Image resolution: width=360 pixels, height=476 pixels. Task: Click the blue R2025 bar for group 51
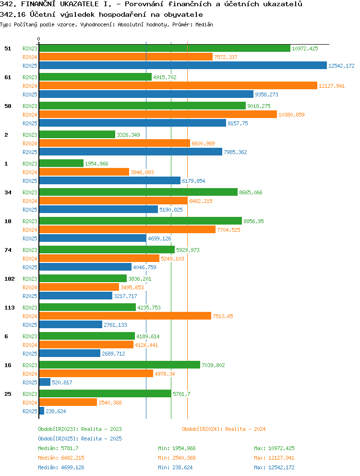click(x=183, y=66)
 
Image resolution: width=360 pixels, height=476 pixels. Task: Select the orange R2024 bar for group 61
click(x=178, y=85)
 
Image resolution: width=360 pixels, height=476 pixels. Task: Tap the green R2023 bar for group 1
click(x=61, y=163)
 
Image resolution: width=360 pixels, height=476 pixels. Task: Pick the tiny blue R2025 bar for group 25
click(x=42, y=411)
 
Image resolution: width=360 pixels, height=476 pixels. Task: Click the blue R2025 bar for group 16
click(x=45, y=382)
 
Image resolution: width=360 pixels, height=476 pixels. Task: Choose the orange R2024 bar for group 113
click(x=125, y=316)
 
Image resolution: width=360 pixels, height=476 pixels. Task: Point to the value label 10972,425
click(x=305, y=48)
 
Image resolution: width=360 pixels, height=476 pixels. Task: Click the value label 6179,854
click(x=193, y=181)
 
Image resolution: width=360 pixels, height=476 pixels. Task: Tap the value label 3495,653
click(x=132, y=287)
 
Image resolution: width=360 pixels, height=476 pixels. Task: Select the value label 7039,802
click(x=213, y=365)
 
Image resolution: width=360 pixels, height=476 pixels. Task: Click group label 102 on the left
click(x=10, y=279)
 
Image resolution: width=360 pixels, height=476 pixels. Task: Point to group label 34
click(x=8, y=192)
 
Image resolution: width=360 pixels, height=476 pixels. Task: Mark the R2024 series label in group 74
click(x=30, y=259)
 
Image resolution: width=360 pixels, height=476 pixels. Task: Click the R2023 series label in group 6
click(x=30, y=336)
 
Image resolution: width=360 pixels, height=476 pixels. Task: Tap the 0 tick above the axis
click(x=38, y=39)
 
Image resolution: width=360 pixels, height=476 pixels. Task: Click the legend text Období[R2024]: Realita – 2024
click(x=224, y=429)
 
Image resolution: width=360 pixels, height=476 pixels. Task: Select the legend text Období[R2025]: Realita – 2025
click(x=80, y=439)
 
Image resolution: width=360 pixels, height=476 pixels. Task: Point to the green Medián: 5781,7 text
click(x=59, y=448)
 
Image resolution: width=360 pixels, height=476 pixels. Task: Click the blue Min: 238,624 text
click(x=175, y=467)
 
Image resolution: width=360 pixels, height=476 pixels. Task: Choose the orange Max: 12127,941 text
click(x=274, y=458)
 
